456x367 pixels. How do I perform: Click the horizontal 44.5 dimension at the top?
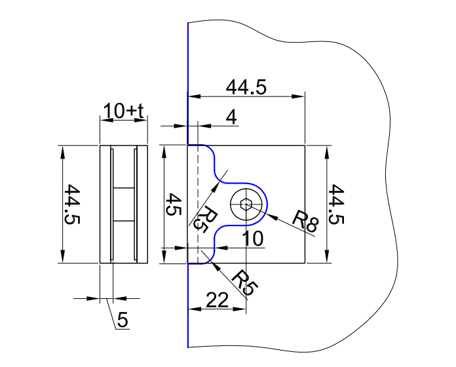pyautogui.click(x=246, y=88)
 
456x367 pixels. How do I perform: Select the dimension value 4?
pyautogui.click(x=230, y=118)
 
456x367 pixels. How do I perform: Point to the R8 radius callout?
pyautogui.click(x=305, y=221)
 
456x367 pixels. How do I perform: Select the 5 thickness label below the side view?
pyautogui.click(x=123, y=320)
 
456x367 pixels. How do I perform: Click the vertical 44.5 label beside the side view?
pyautogui.click(x=72, y=204)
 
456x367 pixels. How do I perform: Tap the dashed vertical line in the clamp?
pyautogui.click(x=197, y=197)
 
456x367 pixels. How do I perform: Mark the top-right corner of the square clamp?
pyautogui.click(x=305, y=145)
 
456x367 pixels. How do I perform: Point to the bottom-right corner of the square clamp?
pyautogui.click(x=305, y=263)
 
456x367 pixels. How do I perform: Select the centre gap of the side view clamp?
pyautogui.click(x=123, y=204)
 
